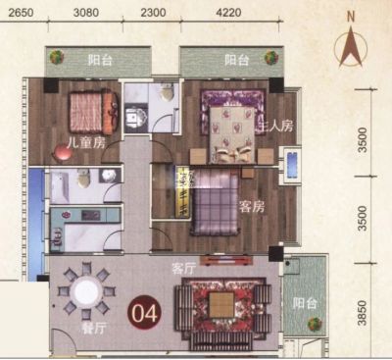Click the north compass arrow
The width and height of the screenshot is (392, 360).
point(351,47)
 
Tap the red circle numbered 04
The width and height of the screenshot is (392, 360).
point(144,313)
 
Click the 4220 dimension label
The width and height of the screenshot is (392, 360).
point(229,13)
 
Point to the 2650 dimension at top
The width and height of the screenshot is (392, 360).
point(21,13)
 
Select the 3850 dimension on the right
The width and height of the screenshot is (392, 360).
point(362,313)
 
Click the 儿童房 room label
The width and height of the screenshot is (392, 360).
point(86,142)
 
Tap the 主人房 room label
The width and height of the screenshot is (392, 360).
point(276,126)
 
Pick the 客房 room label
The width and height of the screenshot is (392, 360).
point(252,207)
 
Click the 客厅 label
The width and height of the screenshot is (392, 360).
point(183,269)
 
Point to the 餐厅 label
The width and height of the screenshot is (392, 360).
point(94,328)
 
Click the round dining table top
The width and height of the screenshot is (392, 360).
point(86,290)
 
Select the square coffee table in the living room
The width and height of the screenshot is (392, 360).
point(221,305)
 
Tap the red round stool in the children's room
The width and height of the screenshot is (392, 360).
point(62,153)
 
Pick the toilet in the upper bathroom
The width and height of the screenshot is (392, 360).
point(167,92)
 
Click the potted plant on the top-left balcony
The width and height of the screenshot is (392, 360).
point(57,57)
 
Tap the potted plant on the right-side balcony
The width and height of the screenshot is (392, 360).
point(315,324)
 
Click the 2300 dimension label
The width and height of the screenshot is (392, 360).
point(153,13)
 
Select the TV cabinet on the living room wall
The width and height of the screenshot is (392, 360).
point(226,260)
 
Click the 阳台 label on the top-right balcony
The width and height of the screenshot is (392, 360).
point(237,60)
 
